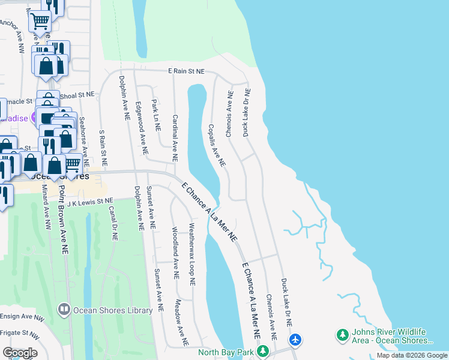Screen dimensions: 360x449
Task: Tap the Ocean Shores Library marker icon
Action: [64, 310]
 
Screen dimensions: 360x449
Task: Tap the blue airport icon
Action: [295, 340]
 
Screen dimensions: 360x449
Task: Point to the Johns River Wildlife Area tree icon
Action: [343, 334]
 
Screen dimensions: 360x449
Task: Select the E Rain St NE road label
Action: [186, 71]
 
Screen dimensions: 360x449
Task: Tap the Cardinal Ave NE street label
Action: [175, 138]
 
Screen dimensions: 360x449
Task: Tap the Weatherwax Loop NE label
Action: [192, 254]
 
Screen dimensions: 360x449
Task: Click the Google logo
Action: [20, 352]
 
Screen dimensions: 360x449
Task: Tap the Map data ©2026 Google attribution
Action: [411, 356]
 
